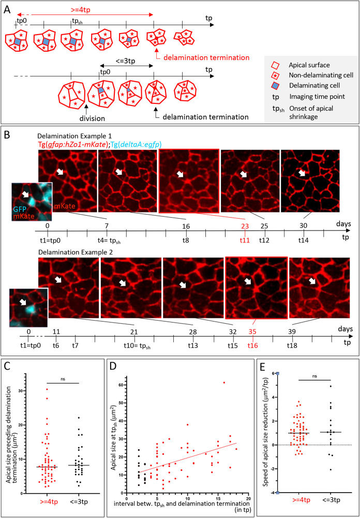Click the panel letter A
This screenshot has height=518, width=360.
(7, 8)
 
